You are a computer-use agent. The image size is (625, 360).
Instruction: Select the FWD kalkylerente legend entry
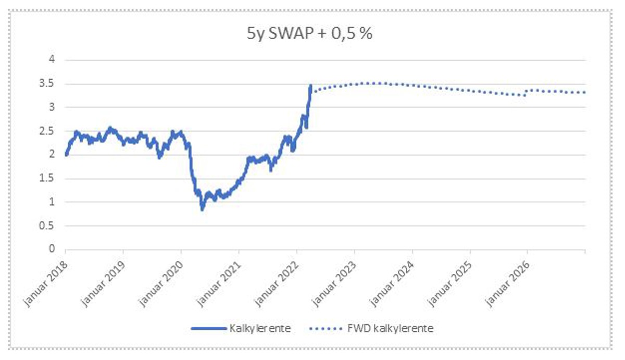pyautogui.click(x=390, y=329)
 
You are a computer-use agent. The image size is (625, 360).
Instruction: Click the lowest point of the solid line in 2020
pyautogui.click(x=202, y=209)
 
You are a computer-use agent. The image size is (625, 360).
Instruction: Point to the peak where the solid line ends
pyautogui.click(x=311, y=85)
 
